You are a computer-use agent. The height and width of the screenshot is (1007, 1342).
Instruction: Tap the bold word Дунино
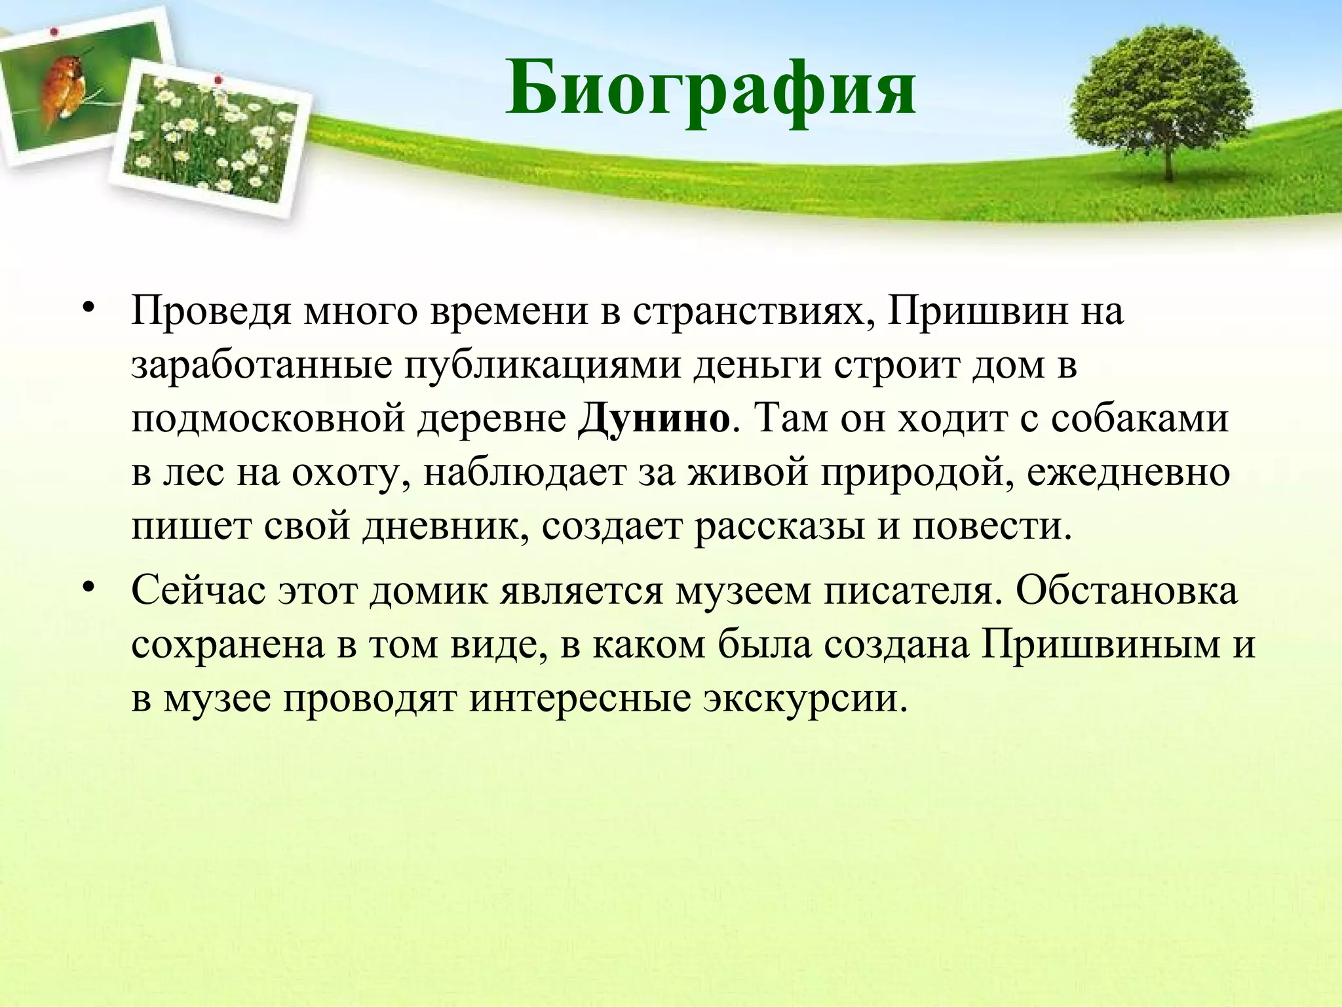(x=653, y=418)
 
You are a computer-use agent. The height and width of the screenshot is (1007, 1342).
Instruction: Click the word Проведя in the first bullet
(x=211, y=312)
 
